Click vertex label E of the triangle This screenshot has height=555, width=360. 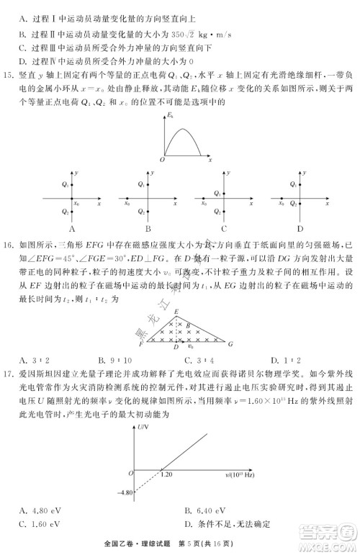(x=176, y=310)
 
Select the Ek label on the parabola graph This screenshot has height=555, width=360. (x=170, y=115)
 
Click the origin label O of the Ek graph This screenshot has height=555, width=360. (x=162, y=160)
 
